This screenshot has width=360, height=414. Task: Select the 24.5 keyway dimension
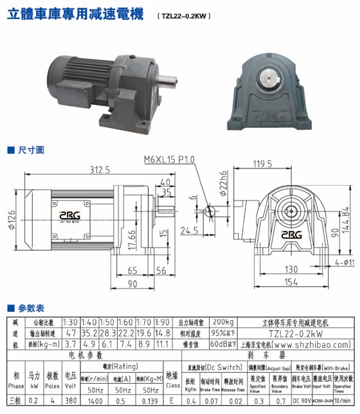[189, 230]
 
